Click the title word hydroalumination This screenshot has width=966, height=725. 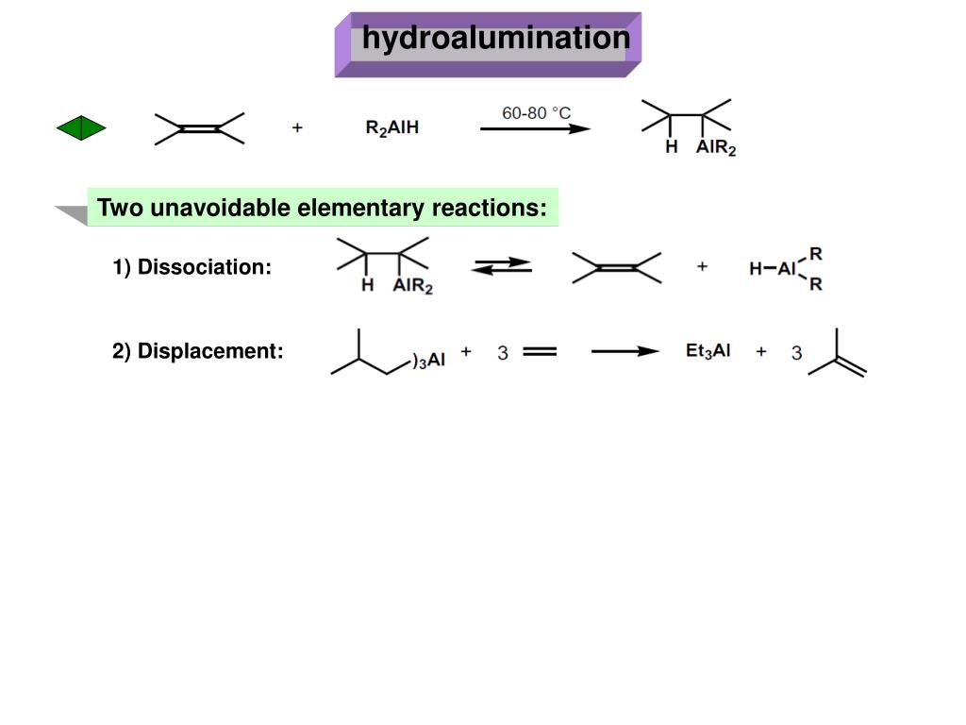pyautogui.click(x=495, y=39)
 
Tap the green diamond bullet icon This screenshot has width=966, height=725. pyautogui.click(x=81, y=127)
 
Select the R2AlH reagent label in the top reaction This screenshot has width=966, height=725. pyautogui.click(x=391, y=128)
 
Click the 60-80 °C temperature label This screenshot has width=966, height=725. pyautogui.click(x=536, y=113)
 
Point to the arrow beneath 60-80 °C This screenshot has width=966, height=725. pyautogui.click(x=535, y=128)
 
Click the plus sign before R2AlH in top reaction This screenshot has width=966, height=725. pyautogui.click(x=297, y=128)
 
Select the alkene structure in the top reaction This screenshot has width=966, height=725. pyautogui.click(x=200, y=128)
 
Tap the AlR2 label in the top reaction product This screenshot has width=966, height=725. pyautogui.click(x=715, y=148)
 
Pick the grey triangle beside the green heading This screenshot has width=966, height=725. pyautogui.click(x=72, y=214)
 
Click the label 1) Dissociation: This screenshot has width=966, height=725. pyautogui.click(x=192, y=267)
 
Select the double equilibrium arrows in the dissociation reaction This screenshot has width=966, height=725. pyautogui.click(x=501, y=267)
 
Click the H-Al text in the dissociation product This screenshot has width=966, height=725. pyautogui.click(x=773, y=268)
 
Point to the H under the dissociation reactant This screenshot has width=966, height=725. pyautogui.click(x=368, y=285)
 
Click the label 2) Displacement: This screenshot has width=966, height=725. pyautogui.click(x=197, y=351)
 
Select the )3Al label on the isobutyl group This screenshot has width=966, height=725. pyautogui.click(x=428, y=359)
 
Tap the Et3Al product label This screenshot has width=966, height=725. pyautogui.click(x=708, y=351)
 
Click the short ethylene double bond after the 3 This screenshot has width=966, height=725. pyautogui.click(x=539, y=352)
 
